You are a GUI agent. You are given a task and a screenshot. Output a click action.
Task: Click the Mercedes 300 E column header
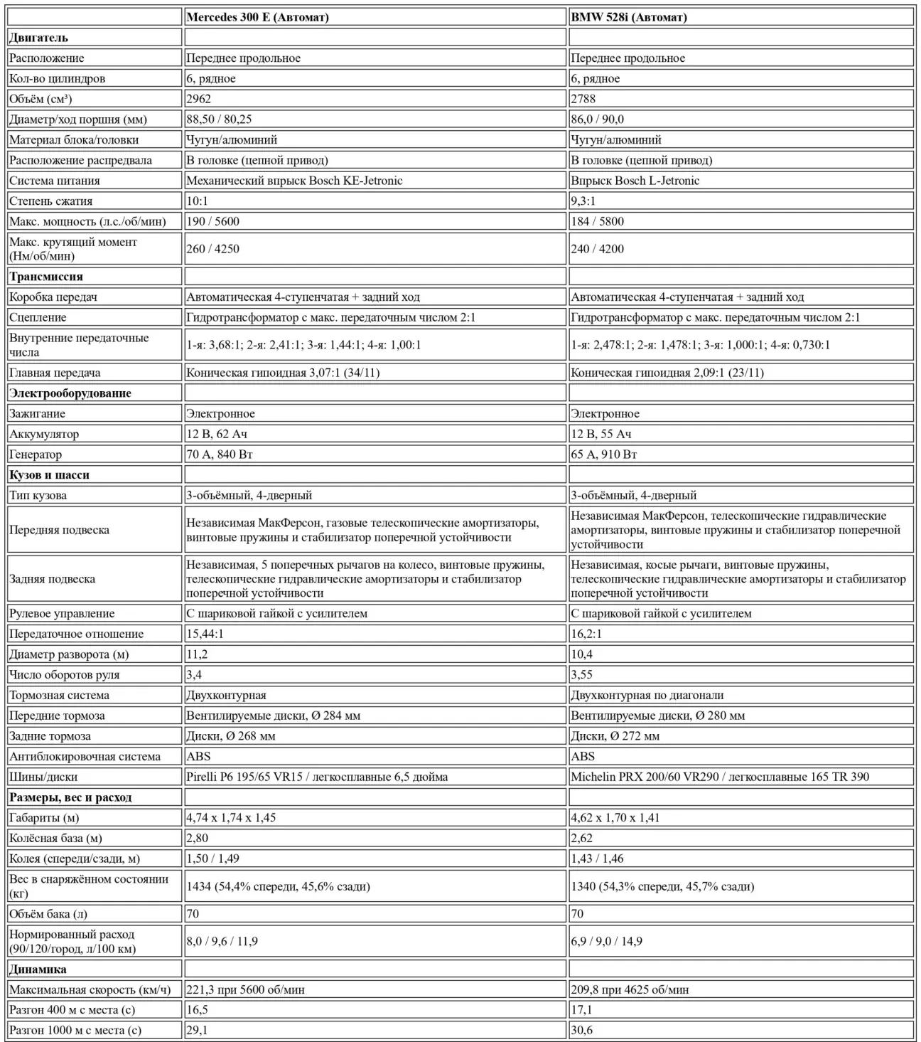click(257, 17)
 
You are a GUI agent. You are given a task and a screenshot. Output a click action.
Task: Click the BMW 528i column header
click(629, 17)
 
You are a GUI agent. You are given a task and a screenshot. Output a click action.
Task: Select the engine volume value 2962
click(199, 99)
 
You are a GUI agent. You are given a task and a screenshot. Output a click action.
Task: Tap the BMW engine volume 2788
click(583, 99)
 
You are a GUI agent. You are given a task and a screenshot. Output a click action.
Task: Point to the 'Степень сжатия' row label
click(51, 201)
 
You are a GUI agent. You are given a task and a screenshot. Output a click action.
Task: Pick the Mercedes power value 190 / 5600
click(213, 221)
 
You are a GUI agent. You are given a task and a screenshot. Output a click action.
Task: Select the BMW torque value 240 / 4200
click(597, 249)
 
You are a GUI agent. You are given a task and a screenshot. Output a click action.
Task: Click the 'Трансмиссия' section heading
click(46, 277)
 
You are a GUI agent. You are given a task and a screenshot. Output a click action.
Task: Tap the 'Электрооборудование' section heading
click(70, 393)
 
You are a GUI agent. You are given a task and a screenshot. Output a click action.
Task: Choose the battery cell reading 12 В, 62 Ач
click(217, 434)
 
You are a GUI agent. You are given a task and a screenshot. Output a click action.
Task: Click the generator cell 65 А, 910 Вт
click(604, 454)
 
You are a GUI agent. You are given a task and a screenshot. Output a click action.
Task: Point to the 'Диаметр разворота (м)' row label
click(69, 654)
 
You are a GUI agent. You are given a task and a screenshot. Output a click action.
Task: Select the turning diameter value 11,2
click(198, 654)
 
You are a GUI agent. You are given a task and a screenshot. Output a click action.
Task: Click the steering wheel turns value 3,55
click(582, 675)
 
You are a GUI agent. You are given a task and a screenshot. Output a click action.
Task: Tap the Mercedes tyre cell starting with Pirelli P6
click(317, 777)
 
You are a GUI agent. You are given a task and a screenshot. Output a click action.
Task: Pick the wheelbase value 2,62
click(582, 839)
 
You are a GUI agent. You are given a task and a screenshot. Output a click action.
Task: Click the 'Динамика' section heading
click(38, 969)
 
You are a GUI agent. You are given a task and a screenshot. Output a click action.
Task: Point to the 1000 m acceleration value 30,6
click(582, 1030)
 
